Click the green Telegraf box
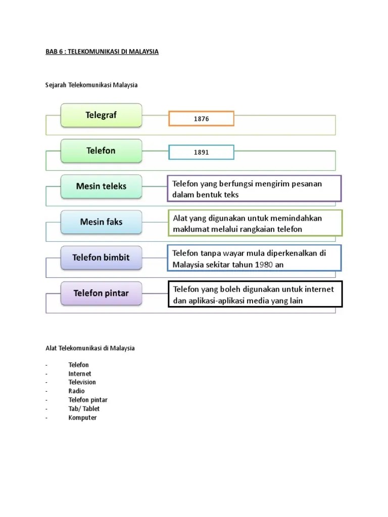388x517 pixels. pyautogui.click(x=101, y=115)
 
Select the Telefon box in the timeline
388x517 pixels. pyautogui.click(x=101, y=151)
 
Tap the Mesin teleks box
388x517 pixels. pyautogui.click(x=101, y=186)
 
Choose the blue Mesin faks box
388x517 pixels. pyautogui.click(x=101, y=222)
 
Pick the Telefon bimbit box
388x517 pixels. pyautogui.click(x=101, y=257)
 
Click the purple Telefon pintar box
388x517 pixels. pyautogui.click(x=101, y=293)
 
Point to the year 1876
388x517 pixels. pyautogui.click(x=201, y=119)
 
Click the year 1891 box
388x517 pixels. pyautogui.click(x=201, y=152)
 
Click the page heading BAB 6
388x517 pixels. pyautogui.click(x=102, y=51)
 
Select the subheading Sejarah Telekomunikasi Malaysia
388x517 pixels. pyautogui.click(x=91, y=85)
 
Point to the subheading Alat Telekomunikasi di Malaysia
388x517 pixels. pyautogui.click(x=90, y=348)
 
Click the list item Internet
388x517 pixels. pyautogui.click(x=80, y=374)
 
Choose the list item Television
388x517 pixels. pyautogui.click(x=82, y=382)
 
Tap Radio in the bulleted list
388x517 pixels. pyautogui.click(x=76, y=391)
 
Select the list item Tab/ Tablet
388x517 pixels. pyautogui.click(x=84, y=408)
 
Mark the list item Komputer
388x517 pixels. pyautogui.click(x=82, y=418)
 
